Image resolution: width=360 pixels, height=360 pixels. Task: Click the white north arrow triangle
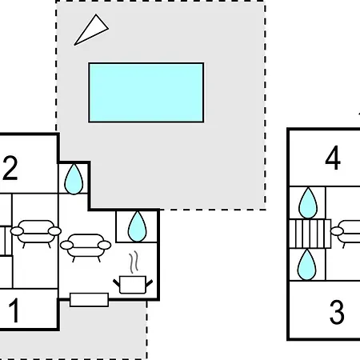pyautogui.click(x=92, y=30)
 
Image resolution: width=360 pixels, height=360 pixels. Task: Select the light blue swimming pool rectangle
pyautogui.click(x=146, y=93)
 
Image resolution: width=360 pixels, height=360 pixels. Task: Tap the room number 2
pyautogui.click(x=10, y=168)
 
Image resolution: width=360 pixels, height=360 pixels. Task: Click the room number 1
pyautogui.click(x=14, y=310)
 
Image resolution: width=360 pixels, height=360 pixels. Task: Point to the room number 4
pyautogui.click(x=333, y=158)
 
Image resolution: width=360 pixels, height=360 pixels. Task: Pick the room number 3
pyautogui.click(x=337, y=312)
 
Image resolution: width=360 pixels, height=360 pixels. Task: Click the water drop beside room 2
pyautogui.click(x=74, y=179)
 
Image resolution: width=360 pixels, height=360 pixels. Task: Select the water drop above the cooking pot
pyautogui.click(x=137, y=226)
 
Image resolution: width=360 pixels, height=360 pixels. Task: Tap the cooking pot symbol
pyautogui.click(x=133, y=285)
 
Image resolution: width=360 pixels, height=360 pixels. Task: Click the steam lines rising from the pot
pyautogui.click(x=134, y=262)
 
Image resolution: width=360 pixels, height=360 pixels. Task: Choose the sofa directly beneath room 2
pyautogui.click(x=36, y=231)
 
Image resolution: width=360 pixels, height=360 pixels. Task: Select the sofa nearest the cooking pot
pyautogui.click(x=86, y=246)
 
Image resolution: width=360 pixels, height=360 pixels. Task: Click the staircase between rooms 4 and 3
pyautogui.click(x=310, y=234)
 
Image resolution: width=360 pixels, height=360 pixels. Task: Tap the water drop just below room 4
pyautogui.click(x=308, y=203)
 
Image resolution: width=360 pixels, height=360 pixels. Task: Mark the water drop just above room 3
pyautogui.click(x=306, y=265)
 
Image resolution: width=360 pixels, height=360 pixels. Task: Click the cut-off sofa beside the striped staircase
pyautogui.click(x=346, y=232)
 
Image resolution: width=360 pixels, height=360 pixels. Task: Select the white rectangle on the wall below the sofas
pyautogui.click(x=89, y=300)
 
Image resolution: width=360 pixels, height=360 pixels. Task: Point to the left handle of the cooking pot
pyautogui.click(x=117, y=283)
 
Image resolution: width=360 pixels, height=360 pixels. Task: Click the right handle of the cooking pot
pyautogui.click(x=150, y=283)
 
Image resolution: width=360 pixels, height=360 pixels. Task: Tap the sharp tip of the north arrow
pyautogui.click(x=74, y=45)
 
